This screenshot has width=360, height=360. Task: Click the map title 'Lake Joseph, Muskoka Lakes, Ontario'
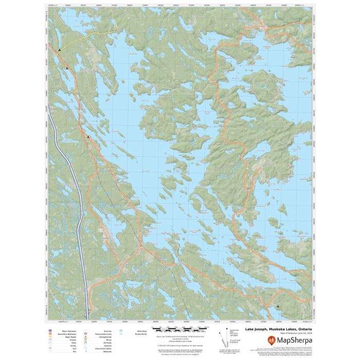(278, 329)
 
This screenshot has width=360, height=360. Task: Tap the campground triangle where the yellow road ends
(60, 50)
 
